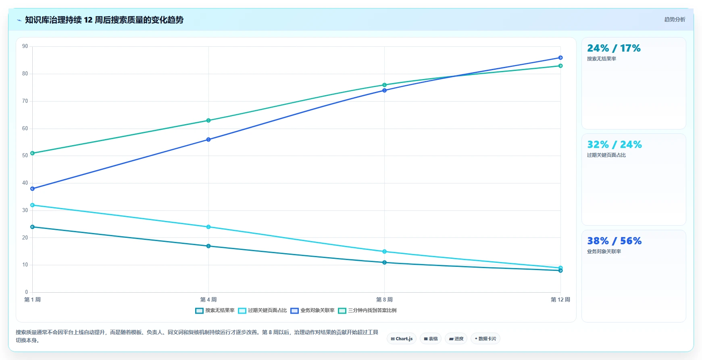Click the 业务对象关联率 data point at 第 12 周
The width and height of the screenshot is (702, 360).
coord(560,58)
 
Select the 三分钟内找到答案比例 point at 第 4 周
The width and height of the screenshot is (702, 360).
coord(208,121)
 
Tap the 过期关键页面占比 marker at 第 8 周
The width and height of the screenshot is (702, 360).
coord(384,252)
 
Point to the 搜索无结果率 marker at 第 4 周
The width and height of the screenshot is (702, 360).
coord(208,246)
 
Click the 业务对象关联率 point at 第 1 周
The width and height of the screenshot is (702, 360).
coord(33,189)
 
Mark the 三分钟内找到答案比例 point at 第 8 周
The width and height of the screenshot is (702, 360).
coord(384,85)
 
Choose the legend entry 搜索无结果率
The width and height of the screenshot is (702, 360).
coord(215,310)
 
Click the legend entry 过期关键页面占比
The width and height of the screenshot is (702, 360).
coord(262,310)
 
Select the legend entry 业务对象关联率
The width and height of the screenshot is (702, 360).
coord(312,310)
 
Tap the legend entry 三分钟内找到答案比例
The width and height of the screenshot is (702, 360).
coord(367,310)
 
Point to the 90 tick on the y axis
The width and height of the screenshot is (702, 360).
coord(25,46)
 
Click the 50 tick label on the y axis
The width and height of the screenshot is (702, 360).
coord(25,156)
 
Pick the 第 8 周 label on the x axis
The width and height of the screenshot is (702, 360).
coord(384,300)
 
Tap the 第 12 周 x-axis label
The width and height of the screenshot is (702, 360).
coord(560,300)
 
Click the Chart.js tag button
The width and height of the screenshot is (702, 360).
coord(402,339)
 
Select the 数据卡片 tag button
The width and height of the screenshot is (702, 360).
coord(485,339)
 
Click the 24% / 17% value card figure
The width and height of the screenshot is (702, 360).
coord(614,48)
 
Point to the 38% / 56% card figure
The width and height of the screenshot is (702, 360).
coord(614,241)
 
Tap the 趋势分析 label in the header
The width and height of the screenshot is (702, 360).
coord(675,19)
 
